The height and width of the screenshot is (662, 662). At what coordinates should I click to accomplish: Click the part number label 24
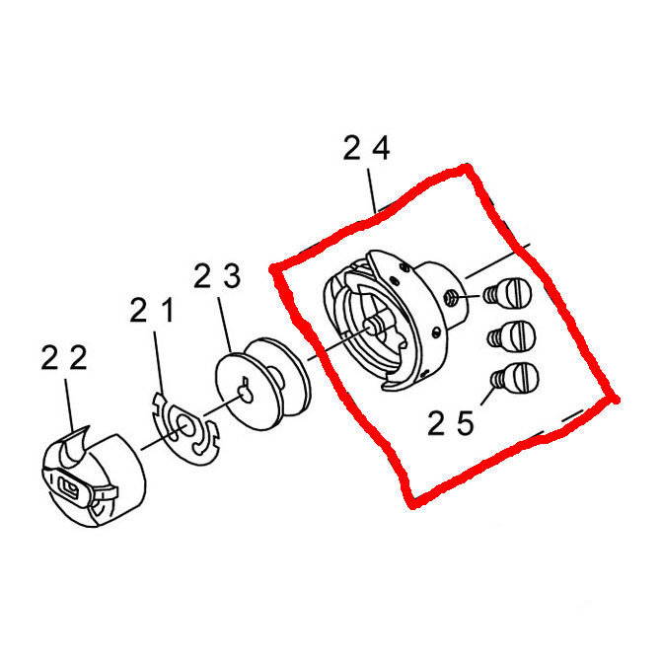366,148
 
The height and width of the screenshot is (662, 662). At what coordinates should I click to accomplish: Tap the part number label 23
217,276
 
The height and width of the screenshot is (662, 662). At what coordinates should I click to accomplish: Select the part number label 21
152,311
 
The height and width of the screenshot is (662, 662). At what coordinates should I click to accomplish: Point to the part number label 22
64,357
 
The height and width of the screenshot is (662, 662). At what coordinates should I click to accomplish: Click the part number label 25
451,423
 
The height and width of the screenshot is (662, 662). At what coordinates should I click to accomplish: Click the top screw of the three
508,293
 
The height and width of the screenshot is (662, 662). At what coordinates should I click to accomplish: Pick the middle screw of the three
512,336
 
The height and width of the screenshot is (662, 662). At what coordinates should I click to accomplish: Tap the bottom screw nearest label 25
515,378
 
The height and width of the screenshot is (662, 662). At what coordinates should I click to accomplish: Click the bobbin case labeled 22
94,478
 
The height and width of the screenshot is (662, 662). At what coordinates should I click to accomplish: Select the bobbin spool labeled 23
262,384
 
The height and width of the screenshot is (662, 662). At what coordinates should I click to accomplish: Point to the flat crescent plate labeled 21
185,428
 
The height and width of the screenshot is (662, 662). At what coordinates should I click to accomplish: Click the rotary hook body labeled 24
396,321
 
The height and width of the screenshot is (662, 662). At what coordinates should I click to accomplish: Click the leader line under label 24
372,190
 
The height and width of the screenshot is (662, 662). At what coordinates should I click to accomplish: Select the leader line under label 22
69,405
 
